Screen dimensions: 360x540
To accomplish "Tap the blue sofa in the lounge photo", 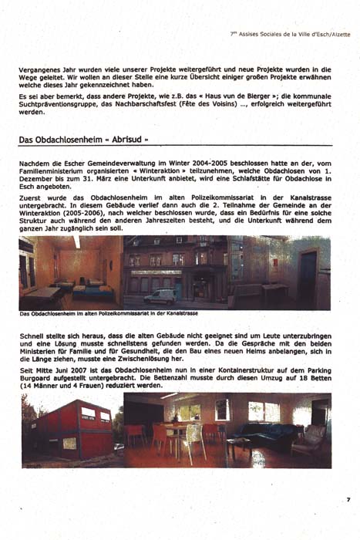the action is [x=263, y=434].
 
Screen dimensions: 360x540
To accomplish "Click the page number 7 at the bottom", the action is [x=348, y=500].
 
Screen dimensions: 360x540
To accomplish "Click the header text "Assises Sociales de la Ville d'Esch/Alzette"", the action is [x=292, y=35].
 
